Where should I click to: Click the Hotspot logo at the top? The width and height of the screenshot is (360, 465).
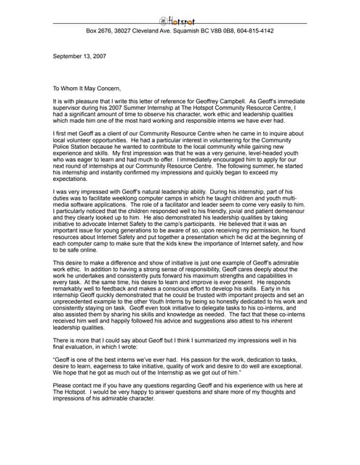(x=179, y=20)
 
